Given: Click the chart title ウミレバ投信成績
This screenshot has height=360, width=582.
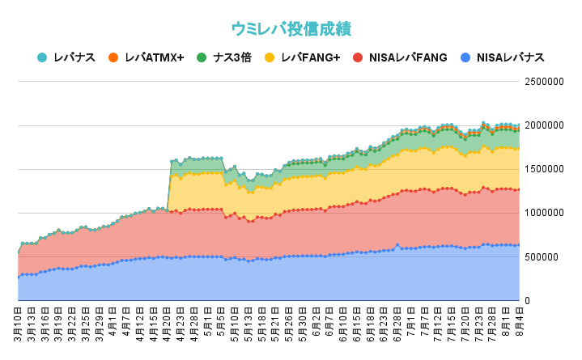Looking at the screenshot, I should pyautogui.click(x=291, y=28).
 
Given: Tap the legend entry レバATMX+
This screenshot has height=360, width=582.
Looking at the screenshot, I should pyautogui.click(x=155, y=57).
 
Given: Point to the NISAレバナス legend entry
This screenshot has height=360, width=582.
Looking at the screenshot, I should pyautogui.click(x=510, y=57).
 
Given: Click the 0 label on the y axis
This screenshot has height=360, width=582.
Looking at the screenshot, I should pyautogui.click(x=527, y=300).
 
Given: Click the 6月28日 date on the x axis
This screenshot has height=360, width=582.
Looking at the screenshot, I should pyautogui.click(x=397, y=325).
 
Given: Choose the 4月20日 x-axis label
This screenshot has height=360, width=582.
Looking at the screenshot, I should pyautogui.click(x=168, y=325).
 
